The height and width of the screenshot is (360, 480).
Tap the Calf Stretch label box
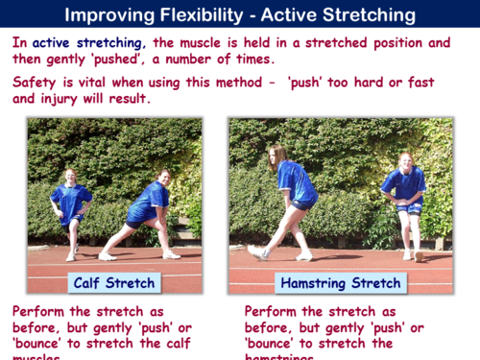coord(114,283)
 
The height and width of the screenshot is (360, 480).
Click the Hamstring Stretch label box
coord(340,283)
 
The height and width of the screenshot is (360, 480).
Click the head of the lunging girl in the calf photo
coord(165,178)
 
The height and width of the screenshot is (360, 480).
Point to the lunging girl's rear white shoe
coord(107,255)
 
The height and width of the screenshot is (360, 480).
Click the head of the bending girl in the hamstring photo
coord(276,155)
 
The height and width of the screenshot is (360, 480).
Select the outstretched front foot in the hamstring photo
coord(256,252)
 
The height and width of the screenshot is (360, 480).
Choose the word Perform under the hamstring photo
coord(274,312)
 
